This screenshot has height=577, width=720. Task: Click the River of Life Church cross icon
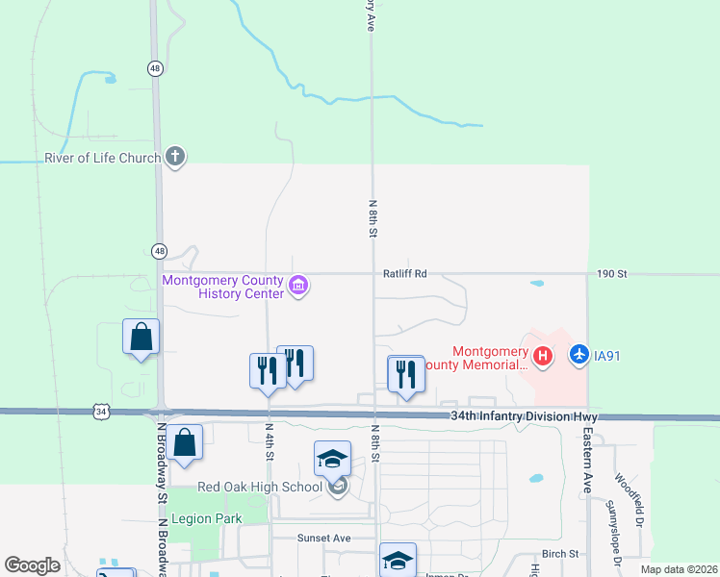coord(174,157)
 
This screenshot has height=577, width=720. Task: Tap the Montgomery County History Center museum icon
coord(298,287)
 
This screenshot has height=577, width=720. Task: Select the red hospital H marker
coord(543,357)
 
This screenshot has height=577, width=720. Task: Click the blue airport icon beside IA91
coord(579,356)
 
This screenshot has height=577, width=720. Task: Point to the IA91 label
coord(606,356)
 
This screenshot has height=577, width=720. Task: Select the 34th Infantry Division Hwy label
coord(525,416)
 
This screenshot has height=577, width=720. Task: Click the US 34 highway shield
coord(101,412)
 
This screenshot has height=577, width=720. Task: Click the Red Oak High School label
coord(259,487)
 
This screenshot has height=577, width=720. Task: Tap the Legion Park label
coord(206,518)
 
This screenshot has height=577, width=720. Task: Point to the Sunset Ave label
coord(322,539)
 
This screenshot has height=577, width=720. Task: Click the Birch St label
coord(559,554)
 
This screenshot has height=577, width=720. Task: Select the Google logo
coord(32,565)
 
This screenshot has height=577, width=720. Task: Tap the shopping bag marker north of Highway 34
coord(141,338)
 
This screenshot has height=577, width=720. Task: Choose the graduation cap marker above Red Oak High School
coord(332,458)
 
